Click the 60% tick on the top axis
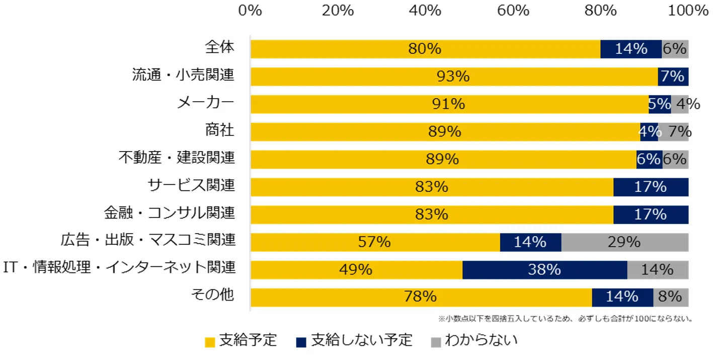pos(513,11)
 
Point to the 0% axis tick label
pos(250,11)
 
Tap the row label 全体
pos(220,47)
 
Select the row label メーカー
pos(205,103)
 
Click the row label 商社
pos(220,130)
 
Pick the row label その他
pos(213,295)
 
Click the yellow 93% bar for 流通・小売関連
pos(453,77)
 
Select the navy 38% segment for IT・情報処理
pos(544,269)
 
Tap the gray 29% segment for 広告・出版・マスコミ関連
pos(624,242)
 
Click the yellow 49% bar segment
pos(356,269)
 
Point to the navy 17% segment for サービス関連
pos(651,187)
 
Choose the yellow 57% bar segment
pos(374,242)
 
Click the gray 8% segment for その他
pos(671,297)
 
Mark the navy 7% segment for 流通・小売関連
pos(673,77)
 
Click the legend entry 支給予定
pos(242,341)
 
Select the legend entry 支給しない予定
pos(355,341)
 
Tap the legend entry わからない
pos(474,341)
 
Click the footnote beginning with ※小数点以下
pos(566,318)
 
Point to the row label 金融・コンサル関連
pos(170,213)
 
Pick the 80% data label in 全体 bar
pos(425,49)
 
